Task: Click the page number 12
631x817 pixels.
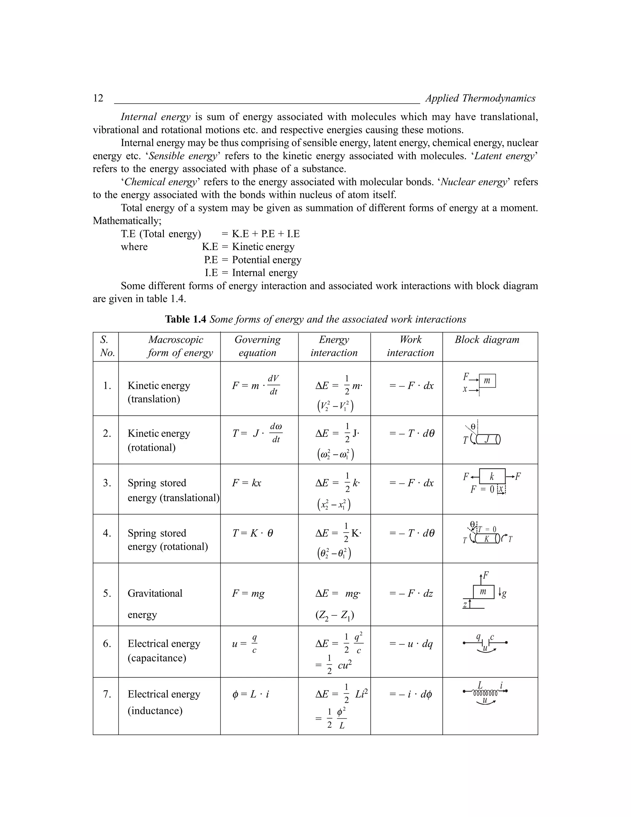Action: (98, 98)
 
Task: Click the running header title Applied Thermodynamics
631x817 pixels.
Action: (480, 98)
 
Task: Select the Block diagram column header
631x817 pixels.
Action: (487, 340)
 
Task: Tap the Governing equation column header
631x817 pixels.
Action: (258, 346)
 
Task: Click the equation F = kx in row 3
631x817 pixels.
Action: (246, 483)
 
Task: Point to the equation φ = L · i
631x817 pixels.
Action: (250, 694)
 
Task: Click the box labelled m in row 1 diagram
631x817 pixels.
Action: (487, 381)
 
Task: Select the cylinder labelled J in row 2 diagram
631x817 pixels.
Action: (487, 440)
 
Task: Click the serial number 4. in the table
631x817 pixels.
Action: (107, 533)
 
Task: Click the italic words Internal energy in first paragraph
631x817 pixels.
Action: (156, 117)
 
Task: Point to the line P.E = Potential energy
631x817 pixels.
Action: (253, 260)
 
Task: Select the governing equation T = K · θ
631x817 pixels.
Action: (252, 533)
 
